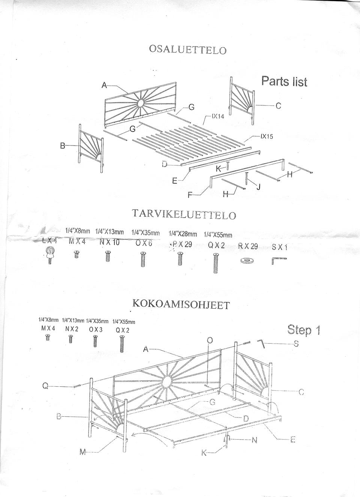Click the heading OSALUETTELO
(188, 50)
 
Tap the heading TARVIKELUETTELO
(184, 214)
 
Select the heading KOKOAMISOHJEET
(181, 303)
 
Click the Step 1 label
(304, 330)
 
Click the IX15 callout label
(267, 137)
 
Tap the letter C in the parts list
(278, 106)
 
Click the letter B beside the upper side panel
(63, 146)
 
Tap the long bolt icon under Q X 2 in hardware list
(216, 263)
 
